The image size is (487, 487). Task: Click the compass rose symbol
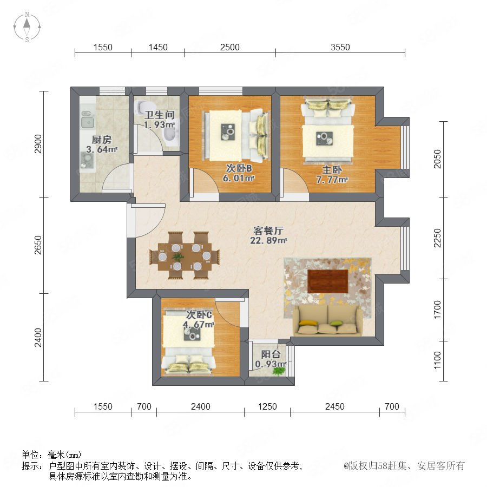[27, 27]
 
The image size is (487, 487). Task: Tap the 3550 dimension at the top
[340, 47]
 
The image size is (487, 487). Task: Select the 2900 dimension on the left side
[38, 143]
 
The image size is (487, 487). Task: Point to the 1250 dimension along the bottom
[267, 406]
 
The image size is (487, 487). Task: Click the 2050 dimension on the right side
[437, 159]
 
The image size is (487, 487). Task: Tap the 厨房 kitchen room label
[101, 140]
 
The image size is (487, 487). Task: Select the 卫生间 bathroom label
[159, 115]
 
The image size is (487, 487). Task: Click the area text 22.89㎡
[268, 240]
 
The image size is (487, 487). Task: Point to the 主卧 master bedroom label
[332, 169]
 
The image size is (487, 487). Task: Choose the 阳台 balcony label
[271, 354]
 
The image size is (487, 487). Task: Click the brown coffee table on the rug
[328, 281]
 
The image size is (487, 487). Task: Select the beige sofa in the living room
[328, 320]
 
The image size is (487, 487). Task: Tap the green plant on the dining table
[177, 256]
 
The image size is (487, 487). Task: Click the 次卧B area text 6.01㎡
[239, 178]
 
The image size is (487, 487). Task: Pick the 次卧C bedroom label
[199, 315]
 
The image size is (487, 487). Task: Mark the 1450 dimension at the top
[158, 47]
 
